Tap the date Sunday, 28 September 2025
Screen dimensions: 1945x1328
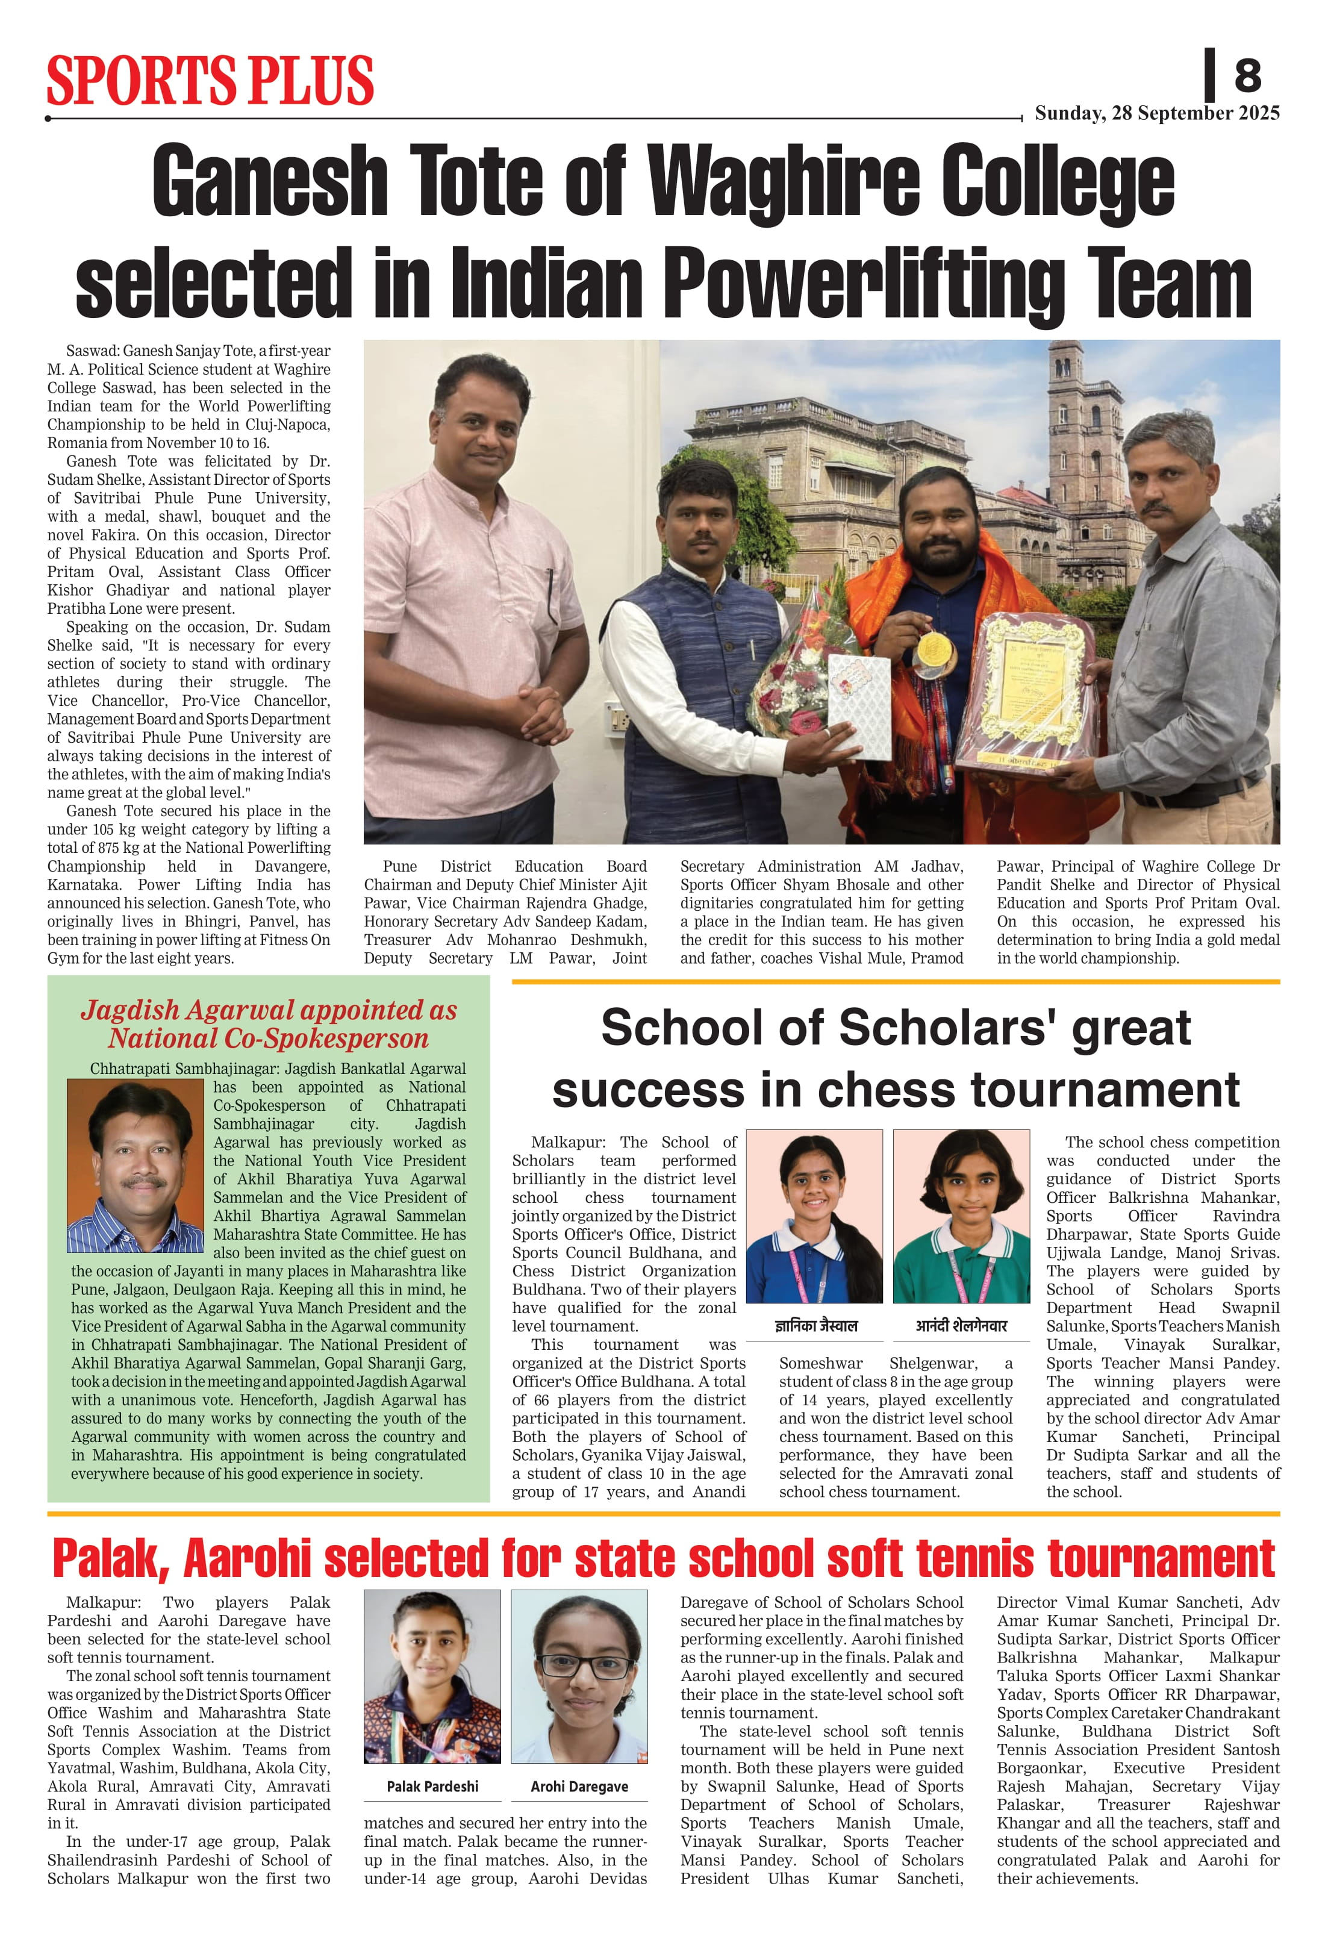(1156, 113)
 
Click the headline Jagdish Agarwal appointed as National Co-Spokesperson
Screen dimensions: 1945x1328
(269, 1025)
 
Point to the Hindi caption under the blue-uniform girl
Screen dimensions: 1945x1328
(815, 1326)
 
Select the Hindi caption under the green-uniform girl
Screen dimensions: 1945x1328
(961, 1326)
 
